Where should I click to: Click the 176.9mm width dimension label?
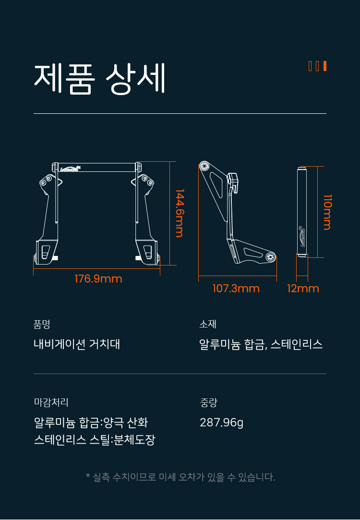(x=98, y=278)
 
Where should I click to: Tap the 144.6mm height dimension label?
(x=180, y=213)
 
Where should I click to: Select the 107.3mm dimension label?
(x=236, y=288)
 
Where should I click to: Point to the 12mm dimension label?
(x=303, y=288)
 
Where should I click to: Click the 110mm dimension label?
(x=327, y=212)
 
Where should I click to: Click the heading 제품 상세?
(x=99, y=79)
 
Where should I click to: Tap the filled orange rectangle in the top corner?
(x=325, y=66)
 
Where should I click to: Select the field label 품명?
(x=42, y=324)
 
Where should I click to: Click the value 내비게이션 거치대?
(x=77, y=344)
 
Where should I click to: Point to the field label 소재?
(x=208, y=324)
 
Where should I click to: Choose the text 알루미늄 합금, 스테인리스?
(x=261, y=344)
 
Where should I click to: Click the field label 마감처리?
(x=51, y=402)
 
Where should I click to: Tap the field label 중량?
(x=208, y=402)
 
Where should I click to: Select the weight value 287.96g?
(x=221, y=423)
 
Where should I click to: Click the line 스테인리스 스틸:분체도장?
(x=95, y=440)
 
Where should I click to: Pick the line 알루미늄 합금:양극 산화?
(x=91, y=423)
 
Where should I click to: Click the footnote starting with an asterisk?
(x=180, y=477)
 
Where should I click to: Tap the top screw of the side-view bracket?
(x=204, y=166)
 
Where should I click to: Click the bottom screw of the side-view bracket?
(x=271, y=256)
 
